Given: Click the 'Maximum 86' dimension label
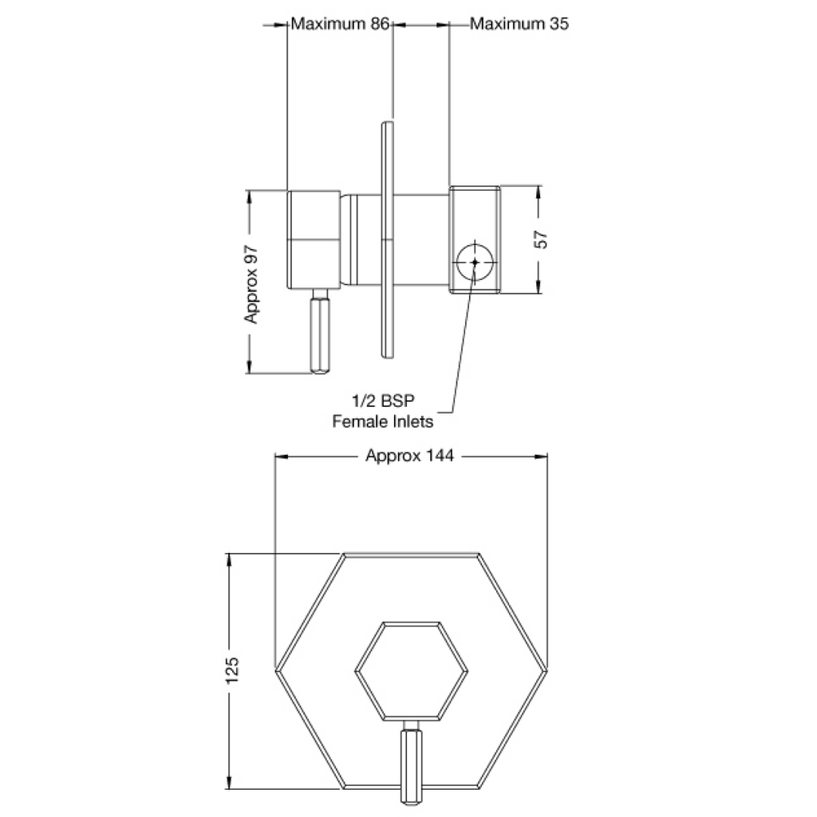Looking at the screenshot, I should click(339, 24).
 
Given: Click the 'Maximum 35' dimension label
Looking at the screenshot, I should click(519, 24).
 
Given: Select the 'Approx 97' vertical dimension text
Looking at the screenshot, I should click(252, 282).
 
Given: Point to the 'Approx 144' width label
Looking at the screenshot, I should click(409, 456).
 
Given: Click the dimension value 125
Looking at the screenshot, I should click(232, 671).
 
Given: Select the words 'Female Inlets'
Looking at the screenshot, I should click(383, 421).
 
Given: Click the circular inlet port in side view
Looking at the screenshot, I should click(475, 262).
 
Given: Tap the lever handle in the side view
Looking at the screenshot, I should click(320, 335).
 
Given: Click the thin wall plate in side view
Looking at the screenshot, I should click(387, 239).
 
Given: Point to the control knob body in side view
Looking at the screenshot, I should click(314, 239).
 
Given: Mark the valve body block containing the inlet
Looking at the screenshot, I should click(475, 239).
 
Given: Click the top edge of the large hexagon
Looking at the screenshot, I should click(411, 552).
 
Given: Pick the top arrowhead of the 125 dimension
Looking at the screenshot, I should click(231, 560).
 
